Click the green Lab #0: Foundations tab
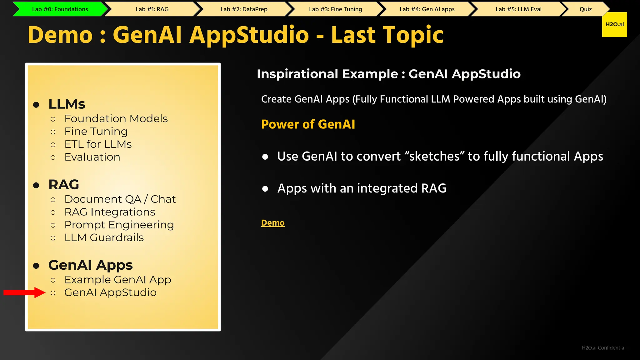pyautogui.click(x=60, y=9)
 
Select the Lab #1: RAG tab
pyautogui.click(x=152, y=9)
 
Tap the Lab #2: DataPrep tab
pyautogui.click(x=244, y=9)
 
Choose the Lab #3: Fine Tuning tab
pyautogui.click(x=335, y=9)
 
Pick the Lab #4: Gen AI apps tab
pyautogui.click(x=427, y=9)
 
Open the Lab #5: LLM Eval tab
pyautogui.click(x=518, y=9)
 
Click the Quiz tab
pyautogui.click(x=585, y=9)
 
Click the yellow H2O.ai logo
pyautogui.click(x=614, y=24)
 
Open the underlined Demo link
pyautogui.click(x=273, y=223)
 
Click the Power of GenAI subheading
pyautogui.click(x=308, y=124)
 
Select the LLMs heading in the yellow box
pyautogui.click(x=67, y=104)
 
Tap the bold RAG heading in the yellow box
pyautogui.click(x=64, y=185)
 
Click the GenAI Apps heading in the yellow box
pyautogui.click(x=90, y=265)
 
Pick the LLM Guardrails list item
pyautogui.click(x=104, y=237)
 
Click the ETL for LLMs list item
pyautogui.click(x=98, y=144)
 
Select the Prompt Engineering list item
pyautogui.click(x=119, y=225)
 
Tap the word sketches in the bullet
pyautogui.click(x=434, y=156)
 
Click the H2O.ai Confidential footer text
pyautogui.click(x=603, y=348)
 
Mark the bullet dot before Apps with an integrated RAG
pyautogui.click(x=265, y=189)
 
